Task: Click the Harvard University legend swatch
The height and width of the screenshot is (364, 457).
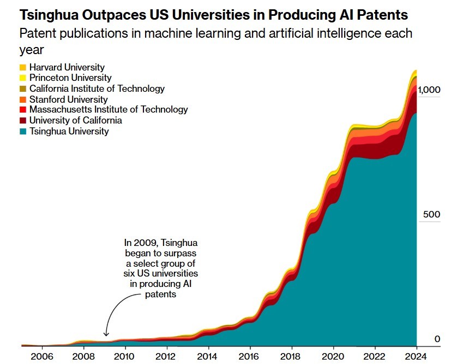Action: point(22,67)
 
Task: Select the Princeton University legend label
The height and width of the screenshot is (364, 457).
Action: point(70,78)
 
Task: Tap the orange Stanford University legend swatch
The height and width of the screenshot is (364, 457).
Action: point(22,99)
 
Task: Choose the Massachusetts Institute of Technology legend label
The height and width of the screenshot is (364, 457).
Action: point(109,110)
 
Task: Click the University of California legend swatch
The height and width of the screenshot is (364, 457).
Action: point(22,121)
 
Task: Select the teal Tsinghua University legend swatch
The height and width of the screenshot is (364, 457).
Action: point(22,131)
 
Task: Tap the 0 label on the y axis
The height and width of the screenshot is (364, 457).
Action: point(437,339)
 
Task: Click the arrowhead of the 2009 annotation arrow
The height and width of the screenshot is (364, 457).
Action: point(106,334)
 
